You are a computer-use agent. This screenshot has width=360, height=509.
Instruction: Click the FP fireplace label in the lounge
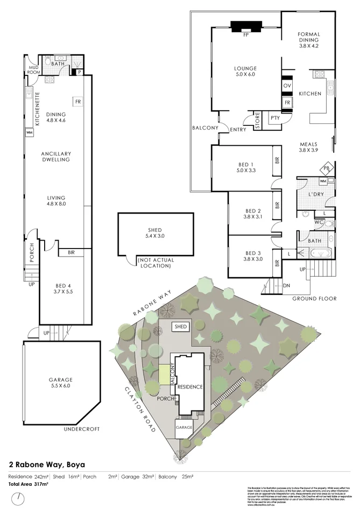(245, 35)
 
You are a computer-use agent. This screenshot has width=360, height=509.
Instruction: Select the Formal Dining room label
(308, 40)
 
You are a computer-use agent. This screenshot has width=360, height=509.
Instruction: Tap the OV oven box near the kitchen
(287, 86)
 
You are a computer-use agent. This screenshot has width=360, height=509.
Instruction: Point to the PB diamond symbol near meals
(326, 169)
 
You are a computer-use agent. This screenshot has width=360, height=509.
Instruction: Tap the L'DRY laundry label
(315, 194)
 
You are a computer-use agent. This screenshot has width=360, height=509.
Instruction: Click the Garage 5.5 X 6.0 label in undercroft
(60, 383)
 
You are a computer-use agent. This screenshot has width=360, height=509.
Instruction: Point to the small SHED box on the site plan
(180, 327)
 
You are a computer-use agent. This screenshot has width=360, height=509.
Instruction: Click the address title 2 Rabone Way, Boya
(46, 464)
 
